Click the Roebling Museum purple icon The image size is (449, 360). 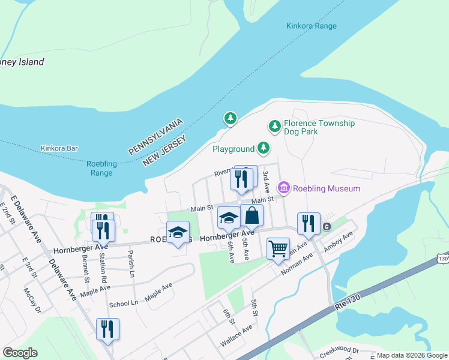pos(284,188)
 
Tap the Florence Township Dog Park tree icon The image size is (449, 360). pos(275,127)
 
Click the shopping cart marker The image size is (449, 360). pos(278,247)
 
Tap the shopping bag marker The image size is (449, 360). pos(252,215)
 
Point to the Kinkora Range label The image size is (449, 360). pos(311,26)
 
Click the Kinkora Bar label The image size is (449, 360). pos(59,148)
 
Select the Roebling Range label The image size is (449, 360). pos(99,168)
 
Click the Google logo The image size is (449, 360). pos(20,353)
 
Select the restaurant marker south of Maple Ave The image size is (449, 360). pos(107,329)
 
